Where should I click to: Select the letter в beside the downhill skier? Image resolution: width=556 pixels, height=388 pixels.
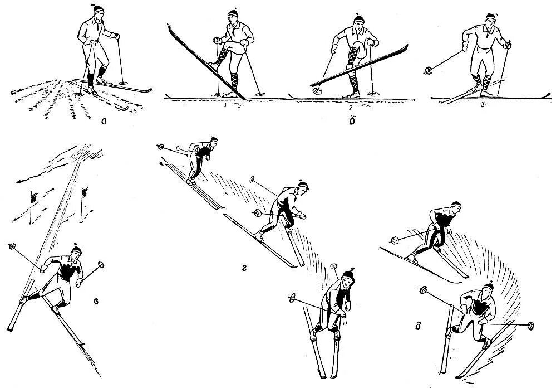97,302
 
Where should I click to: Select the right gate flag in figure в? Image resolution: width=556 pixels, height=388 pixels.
85,193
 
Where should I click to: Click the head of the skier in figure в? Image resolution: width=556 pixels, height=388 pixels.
75,252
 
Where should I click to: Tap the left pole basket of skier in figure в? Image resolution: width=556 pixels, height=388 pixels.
12,246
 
